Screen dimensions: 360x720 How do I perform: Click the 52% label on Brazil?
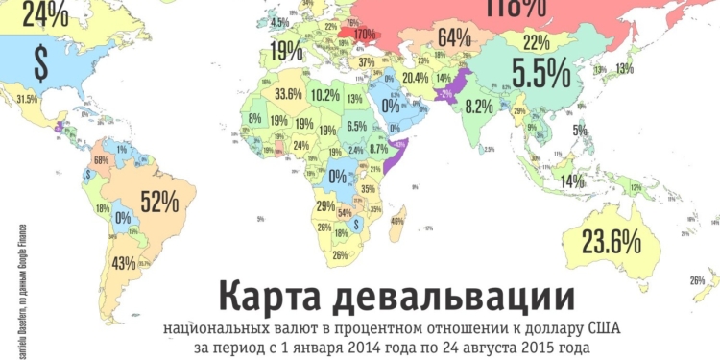tap(159, 202)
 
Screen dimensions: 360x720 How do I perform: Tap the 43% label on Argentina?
tap(124, 263)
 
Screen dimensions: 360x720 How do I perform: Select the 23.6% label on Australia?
tap(612, 241)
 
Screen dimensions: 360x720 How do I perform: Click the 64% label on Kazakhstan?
tap(454, 38)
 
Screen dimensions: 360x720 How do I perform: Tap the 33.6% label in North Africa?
tap(289, 95)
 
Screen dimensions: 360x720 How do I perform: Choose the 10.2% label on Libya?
tap(325, 95)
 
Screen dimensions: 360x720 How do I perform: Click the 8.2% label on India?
tap(478, 107)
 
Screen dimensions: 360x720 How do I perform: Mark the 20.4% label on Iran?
tap(416, 77)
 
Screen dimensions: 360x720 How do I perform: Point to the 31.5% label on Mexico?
tap(27, 99)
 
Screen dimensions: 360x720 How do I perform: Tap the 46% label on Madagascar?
tap(396, 221)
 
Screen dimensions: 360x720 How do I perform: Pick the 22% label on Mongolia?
tap(537, 41)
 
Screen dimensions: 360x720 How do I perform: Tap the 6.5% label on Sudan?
tap(357, 126)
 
